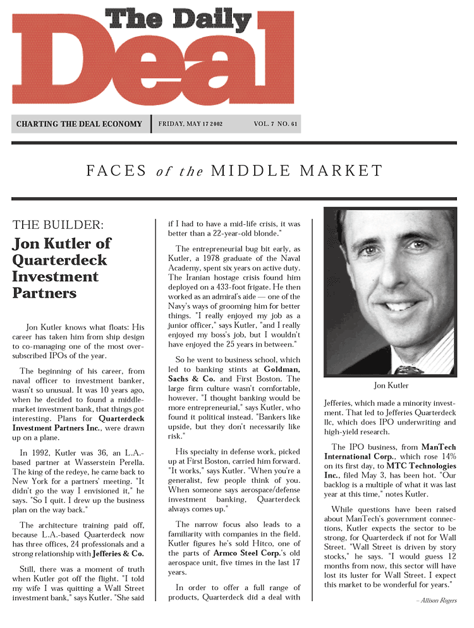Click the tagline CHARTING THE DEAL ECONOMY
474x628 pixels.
[79, 124]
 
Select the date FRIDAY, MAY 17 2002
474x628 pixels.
[190, 124]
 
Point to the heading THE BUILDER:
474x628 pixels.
[58, 224]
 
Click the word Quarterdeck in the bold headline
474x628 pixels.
[59, 260]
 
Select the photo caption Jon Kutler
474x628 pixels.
[391, 385]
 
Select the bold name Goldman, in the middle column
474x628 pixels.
[282, 368]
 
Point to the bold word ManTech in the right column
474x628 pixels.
[438, 447]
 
